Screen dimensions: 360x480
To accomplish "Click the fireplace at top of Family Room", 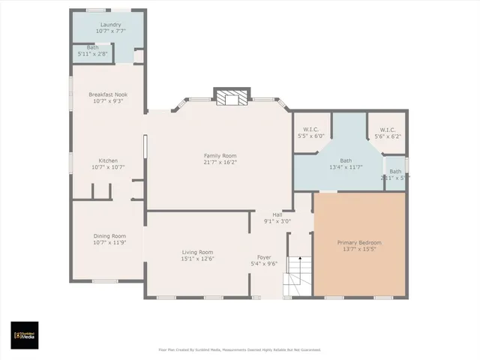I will [230, 97].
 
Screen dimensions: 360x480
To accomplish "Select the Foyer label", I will [264, 257].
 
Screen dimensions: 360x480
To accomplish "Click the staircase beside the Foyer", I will [297, 276].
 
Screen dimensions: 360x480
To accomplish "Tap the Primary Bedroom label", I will [359, 242].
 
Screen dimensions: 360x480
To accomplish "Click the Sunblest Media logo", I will [24, 335].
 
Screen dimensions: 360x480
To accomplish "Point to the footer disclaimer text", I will [239, 349].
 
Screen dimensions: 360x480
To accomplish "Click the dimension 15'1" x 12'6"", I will [198, 259].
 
